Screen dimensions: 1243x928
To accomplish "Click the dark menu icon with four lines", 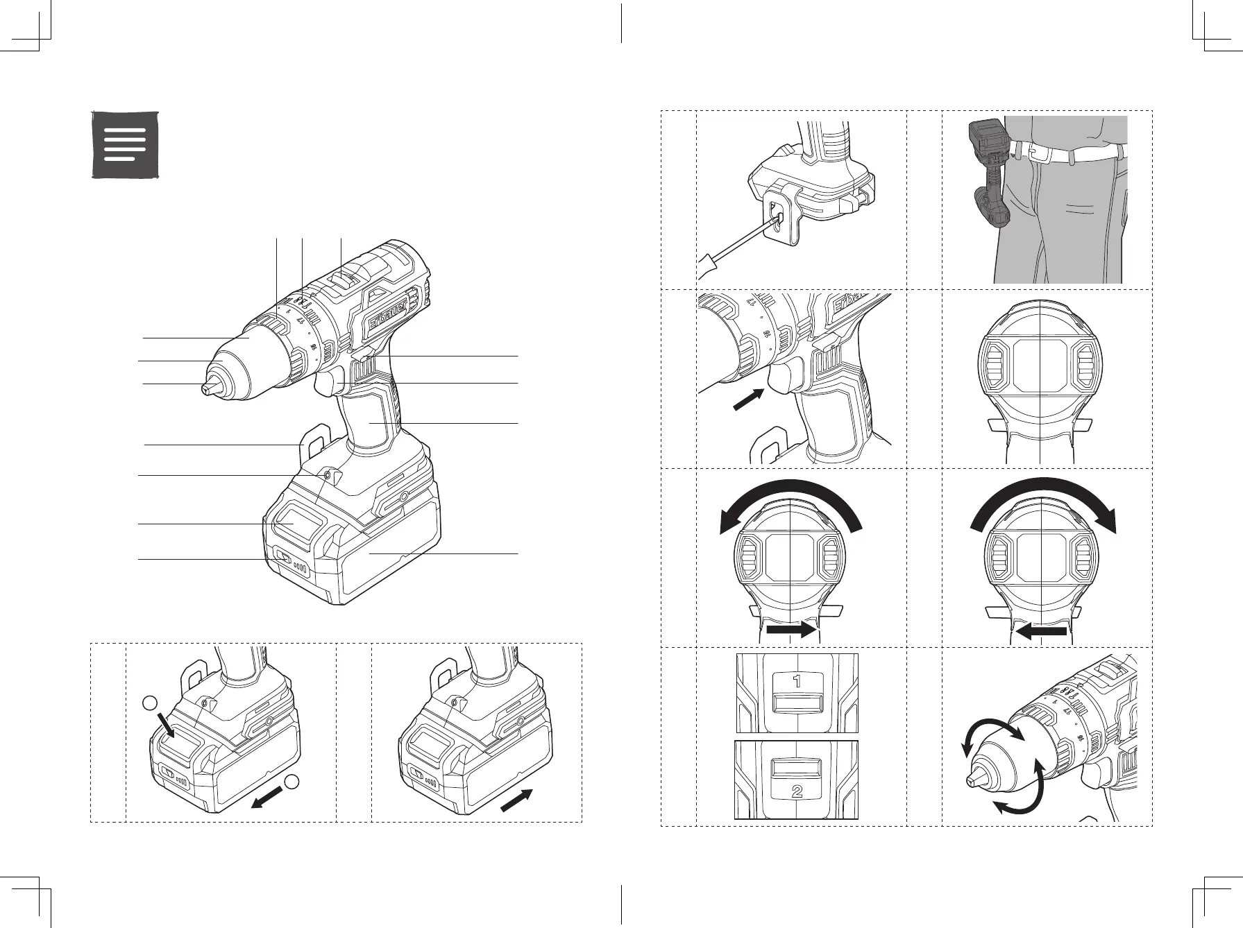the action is [x=126, y=144].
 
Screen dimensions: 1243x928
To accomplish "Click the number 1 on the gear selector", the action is [x=797, y=681].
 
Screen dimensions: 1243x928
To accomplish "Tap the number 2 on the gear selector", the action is [x=797, y=791].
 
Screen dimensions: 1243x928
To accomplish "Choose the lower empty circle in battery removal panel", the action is [x=293, y=781].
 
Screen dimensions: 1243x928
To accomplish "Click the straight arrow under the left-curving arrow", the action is [x=795, y=629].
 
